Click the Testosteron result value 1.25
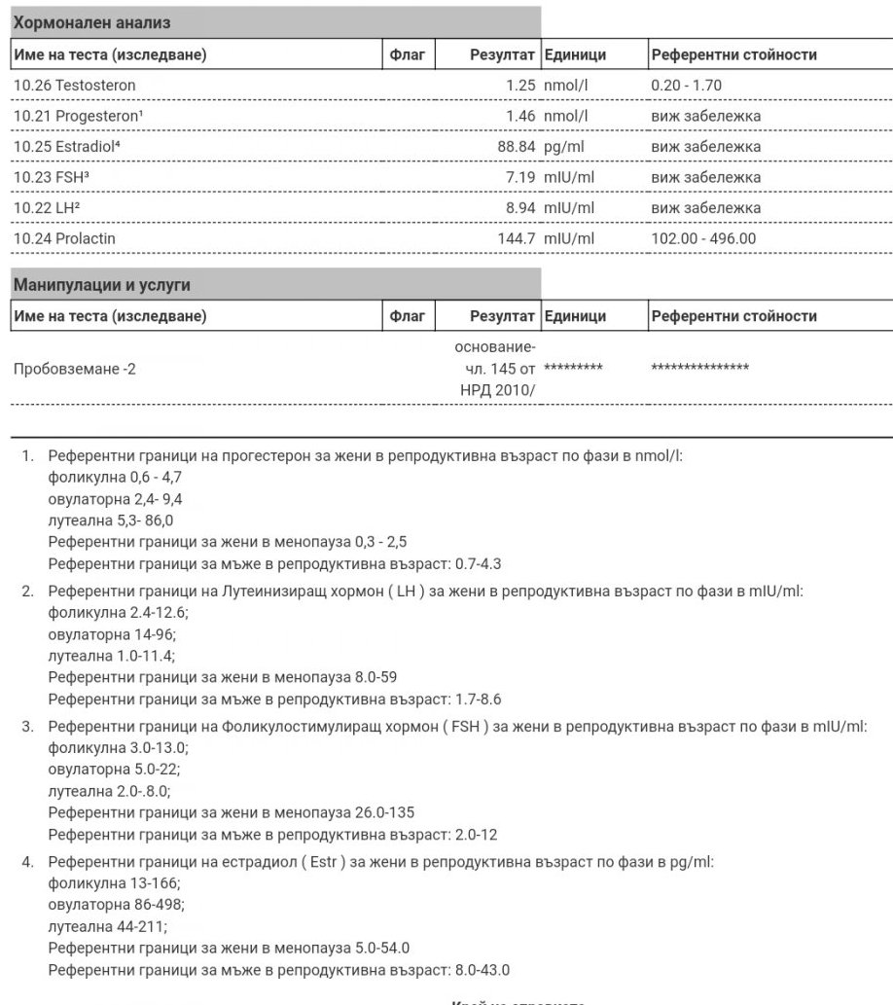pos(520,86)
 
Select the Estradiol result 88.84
pos(517,147)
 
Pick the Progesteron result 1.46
pos(520,117)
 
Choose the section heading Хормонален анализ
pos(84,21)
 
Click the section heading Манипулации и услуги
pos(101,285)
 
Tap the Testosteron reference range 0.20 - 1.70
pos(686,86)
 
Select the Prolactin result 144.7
pos(517,238)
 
